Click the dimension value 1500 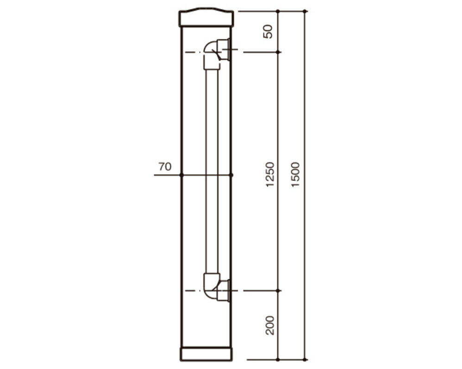[x=295, y=174]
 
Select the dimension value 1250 [x=270, y=174]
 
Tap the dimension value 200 [x=270, y=325]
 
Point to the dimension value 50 [x=268, y=31]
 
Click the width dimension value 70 [x=165, y=167]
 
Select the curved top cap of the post [x=206, y=18]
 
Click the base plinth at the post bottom [x=206, y=354]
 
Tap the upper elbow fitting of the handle [x=211, y=55]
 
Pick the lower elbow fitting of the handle [x=211, y=285]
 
